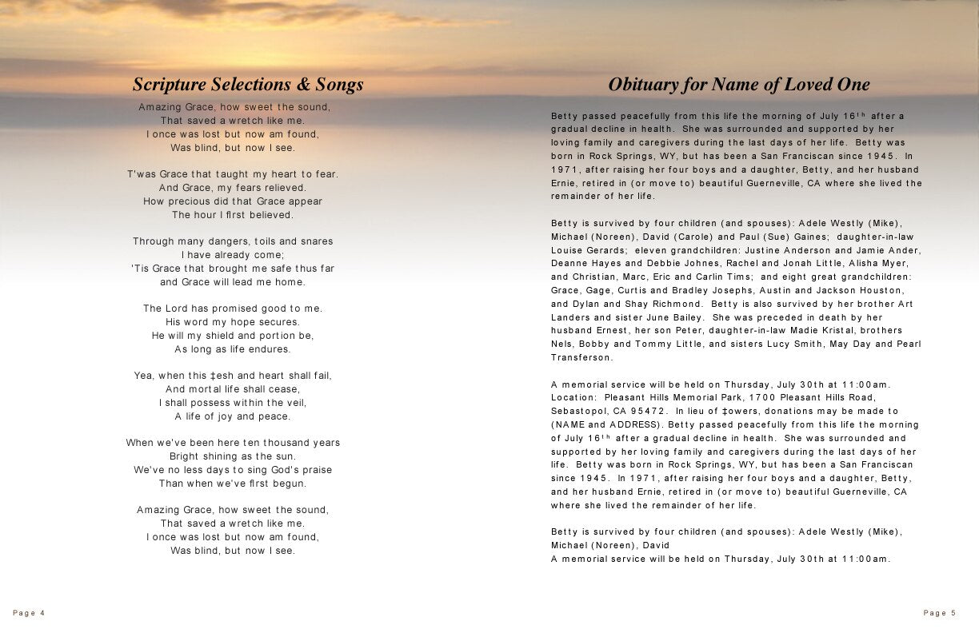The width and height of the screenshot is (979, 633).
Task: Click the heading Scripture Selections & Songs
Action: click(x=248, y=85)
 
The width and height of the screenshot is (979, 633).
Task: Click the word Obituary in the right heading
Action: click(x=641, y=85)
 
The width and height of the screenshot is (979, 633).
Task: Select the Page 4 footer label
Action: click(x=29, y=613)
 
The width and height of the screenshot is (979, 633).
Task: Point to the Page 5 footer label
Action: click(x=940, y=613)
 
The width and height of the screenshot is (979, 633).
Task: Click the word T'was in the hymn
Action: click(x=142, y=174)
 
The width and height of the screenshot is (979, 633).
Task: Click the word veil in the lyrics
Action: click(x=295, y=403)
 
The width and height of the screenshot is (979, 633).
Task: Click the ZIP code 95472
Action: click(x=641, y=411)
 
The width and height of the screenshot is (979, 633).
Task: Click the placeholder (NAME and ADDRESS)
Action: click(x=606, y=424)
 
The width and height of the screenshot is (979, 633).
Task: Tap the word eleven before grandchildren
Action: click(x=651, y=250)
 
